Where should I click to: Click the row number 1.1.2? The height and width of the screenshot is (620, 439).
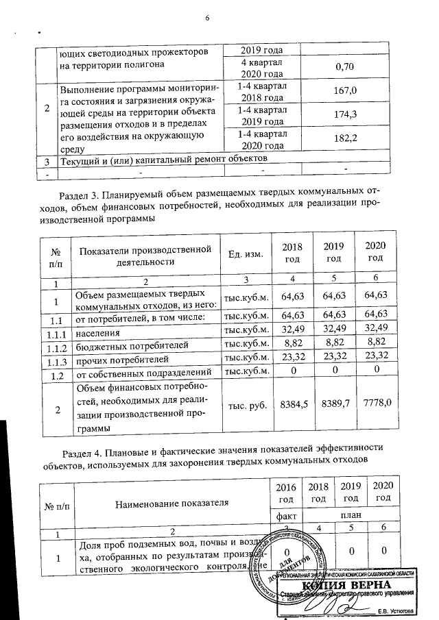[x=58, y=347]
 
